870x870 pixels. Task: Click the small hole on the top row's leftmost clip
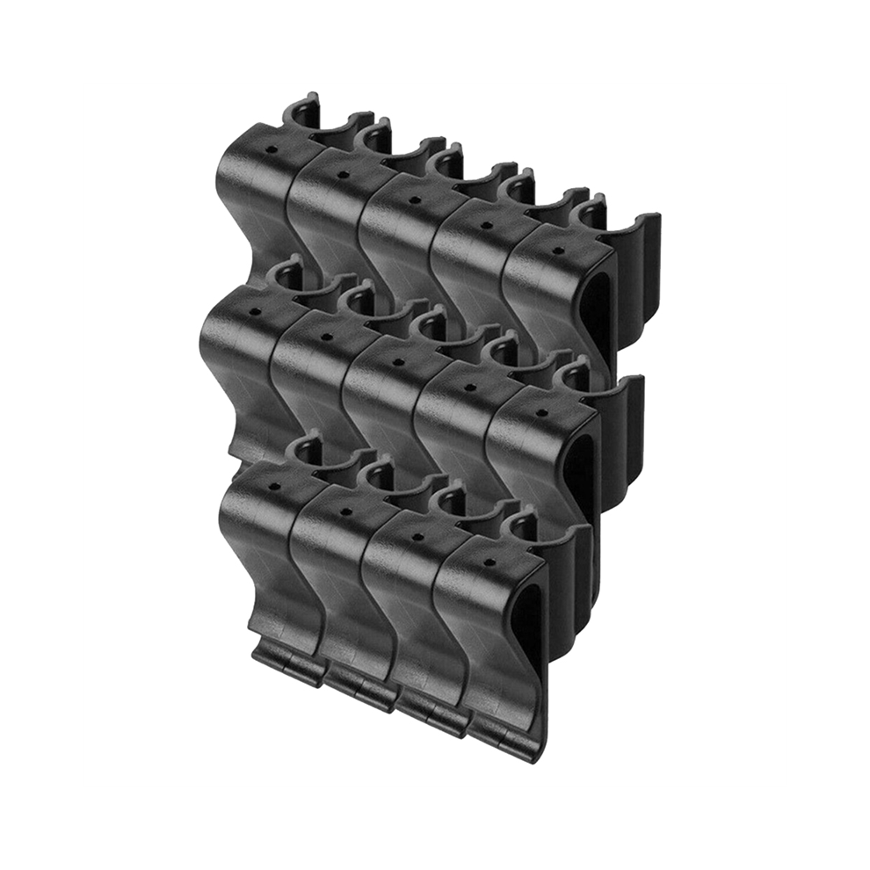point(272,149)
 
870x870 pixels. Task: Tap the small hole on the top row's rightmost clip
point(557,250)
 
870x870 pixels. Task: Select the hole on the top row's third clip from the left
point(415,199)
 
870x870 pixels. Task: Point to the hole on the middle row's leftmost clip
point(255,310)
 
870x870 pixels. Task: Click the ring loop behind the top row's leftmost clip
point(301,113)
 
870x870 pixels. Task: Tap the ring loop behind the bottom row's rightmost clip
point(520,525)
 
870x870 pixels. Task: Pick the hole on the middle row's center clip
point(397,360)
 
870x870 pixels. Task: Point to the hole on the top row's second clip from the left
point(344,174)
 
